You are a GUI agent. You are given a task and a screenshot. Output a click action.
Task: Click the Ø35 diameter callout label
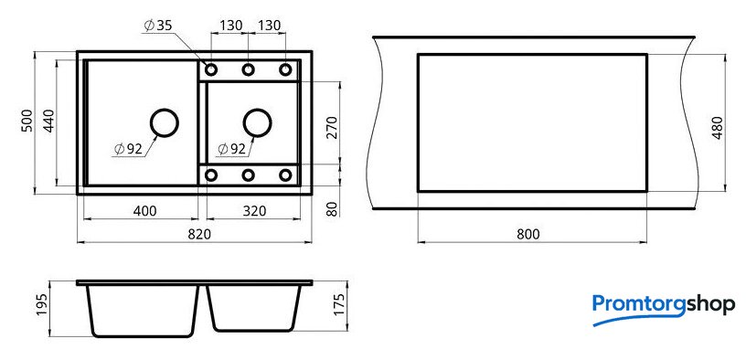point(157,26)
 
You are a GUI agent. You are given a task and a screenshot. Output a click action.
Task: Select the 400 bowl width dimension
point(145,211)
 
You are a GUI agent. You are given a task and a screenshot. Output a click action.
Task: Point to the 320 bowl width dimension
point(254,211)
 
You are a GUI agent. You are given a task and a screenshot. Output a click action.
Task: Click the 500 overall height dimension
point(27,121)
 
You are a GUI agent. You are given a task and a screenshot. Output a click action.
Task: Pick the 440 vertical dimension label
point(49,121)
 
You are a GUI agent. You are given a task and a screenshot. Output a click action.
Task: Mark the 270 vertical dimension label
point(332,127)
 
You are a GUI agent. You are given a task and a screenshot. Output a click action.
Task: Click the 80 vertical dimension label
point(332,208)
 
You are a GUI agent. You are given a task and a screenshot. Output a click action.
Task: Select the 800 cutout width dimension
point(528,234)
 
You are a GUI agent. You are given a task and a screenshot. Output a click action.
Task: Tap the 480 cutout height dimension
point(718,127)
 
